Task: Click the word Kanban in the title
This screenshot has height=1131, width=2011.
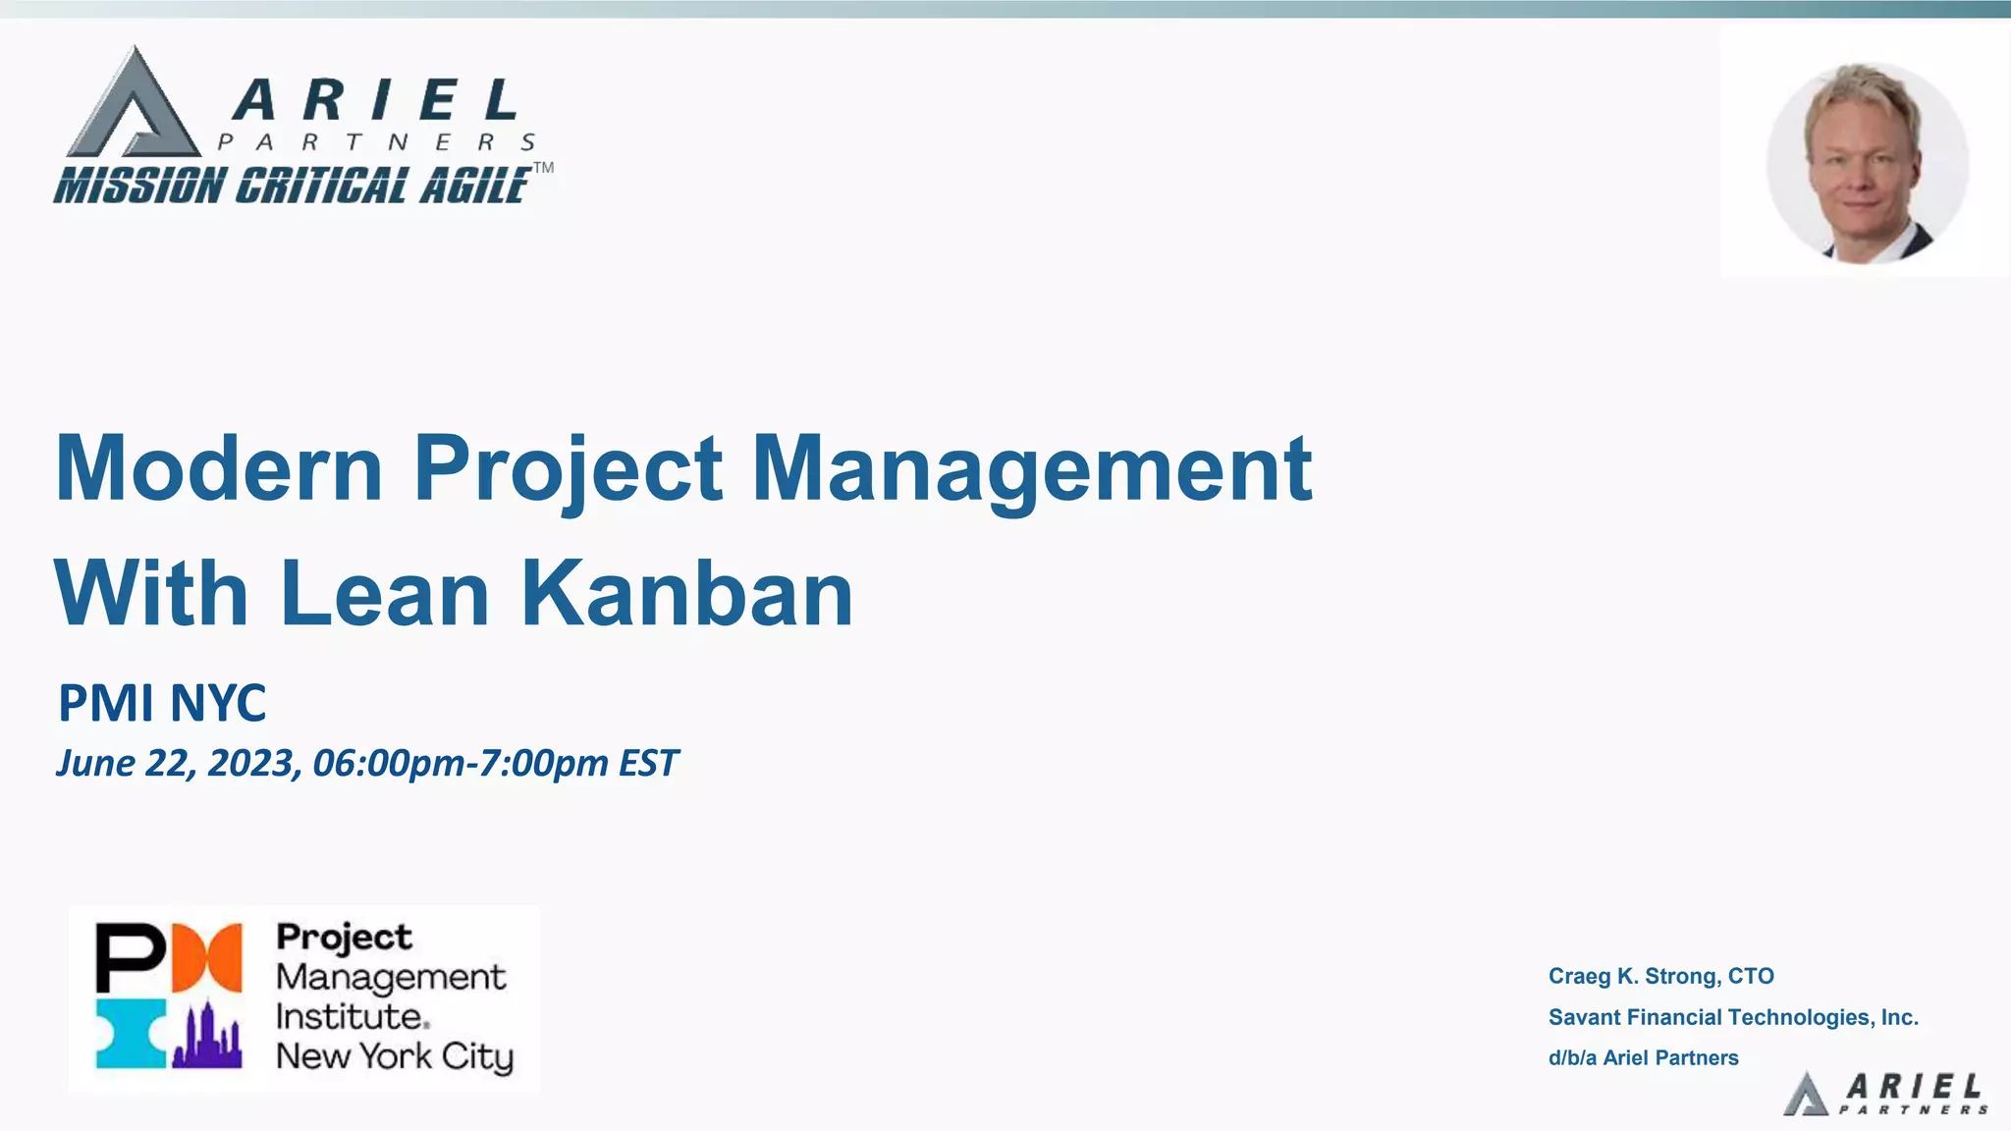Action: coord(686,593)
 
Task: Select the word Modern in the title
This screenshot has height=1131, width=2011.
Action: coord(219,468)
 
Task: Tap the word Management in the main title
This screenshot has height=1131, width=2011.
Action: coord(1031,468)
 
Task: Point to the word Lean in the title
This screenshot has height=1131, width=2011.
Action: coord(385,593)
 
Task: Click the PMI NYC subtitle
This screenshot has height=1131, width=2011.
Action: coord(162,703)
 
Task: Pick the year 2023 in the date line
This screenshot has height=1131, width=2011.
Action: coord(251,763)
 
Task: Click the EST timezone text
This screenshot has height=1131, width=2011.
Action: coord(648,763)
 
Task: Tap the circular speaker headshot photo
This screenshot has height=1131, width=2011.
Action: coord(1867,163)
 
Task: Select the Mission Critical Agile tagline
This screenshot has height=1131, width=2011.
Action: coord(293,186)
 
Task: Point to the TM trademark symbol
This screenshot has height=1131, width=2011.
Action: coord(543,168)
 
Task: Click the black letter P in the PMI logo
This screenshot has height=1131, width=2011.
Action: coord(128,957)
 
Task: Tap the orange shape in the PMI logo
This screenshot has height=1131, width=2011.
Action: coord(207,957)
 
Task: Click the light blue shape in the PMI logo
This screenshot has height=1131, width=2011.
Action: coord(130,1035)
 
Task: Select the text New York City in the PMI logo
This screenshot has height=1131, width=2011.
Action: coord(395,1056)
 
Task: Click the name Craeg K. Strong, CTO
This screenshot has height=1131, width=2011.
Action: coord(1660,976)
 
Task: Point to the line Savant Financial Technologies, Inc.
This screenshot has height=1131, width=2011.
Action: coord(1733,1017)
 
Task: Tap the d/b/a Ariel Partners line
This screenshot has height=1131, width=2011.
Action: coord(1643,1057)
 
